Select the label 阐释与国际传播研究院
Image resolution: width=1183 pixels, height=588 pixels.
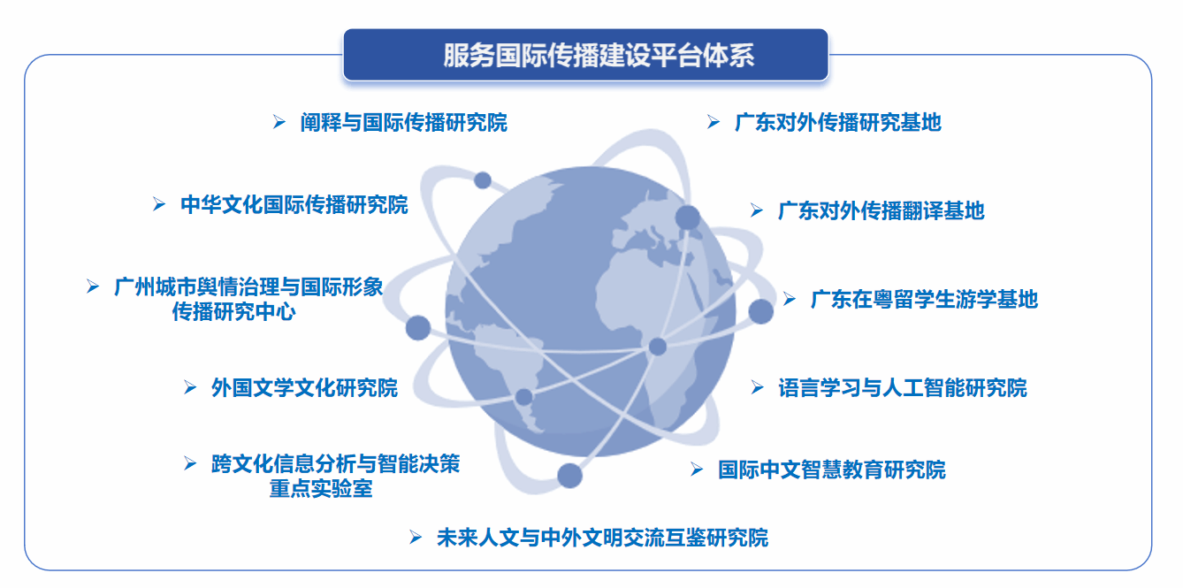coord(403,122)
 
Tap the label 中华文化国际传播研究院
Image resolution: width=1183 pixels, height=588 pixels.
coord(294,205)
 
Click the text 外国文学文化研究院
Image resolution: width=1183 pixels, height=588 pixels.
coord(304,387)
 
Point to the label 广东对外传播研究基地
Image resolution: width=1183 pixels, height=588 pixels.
coord(837,122)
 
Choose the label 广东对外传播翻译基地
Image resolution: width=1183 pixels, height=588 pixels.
coord(881,210)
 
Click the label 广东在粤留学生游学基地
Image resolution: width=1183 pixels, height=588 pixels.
coord(924,299)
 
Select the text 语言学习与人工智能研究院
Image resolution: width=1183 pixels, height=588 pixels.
coord(902,387)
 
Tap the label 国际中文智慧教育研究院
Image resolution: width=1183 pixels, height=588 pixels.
coord(831,470)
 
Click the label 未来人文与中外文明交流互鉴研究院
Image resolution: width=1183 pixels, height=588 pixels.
coord(602,537)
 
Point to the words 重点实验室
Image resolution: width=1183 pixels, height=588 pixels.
coord(321,488)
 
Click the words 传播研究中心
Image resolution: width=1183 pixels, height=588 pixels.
coord(233,311)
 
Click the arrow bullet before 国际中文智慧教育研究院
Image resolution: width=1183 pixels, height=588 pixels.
coord(698,470)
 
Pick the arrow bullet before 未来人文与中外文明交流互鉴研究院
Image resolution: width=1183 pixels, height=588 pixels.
coord(416,537)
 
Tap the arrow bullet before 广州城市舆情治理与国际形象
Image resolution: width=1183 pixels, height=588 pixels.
coord(93,286)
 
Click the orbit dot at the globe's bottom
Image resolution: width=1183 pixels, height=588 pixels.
coord(570,475)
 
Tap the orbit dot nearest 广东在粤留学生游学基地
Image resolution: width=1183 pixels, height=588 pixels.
coord(760,311)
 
